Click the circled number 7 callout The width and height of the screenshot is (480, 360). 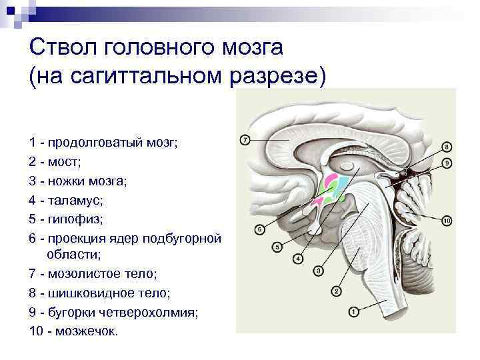245,140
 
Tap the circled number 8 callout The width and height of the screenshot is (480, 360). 447,146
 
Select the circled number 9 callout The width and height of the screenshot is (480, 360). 447,163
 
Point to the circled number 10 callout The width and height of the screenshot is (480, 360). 447,221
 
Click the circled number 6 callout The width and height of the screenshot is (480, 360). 260,230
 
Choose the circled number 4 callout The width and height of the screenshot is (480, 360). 297,258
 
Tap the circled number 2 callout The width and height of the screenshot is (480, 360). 336,291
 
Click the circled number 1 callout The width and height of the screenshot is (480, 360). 354,311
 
